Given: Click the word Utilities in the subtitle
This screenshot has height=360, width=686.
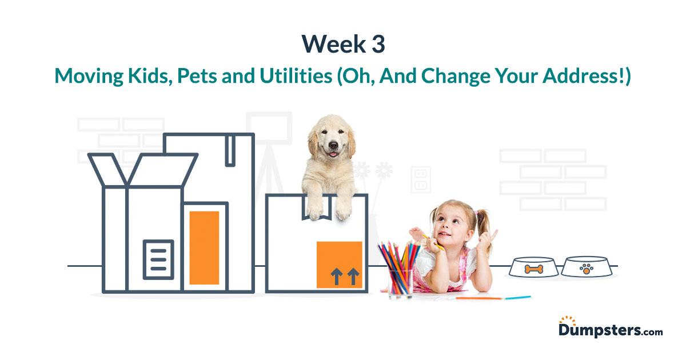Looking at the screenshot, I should tap(293, 76).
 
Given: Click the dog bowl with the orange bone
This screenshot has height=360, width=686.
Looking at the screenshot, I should tap(533, 267).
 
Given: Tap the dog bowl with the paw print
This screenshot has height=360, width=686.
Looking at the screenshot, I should tap(585, 267).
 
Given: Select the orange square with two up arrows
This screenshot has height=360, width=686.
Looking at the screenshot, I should tap(340, 265).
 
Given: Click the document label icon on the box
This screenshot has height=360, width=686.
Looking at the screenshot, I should tap(158, 259).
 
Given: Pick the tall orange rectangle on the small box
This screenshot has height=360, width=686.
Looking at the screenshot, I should tap(204, 247).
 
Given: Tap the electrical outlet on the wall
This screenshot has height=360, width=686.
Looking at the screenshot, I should tap(420, 181).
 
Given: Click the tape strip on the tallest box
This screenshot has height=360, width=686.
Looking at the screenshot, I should tap(230, 150).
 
